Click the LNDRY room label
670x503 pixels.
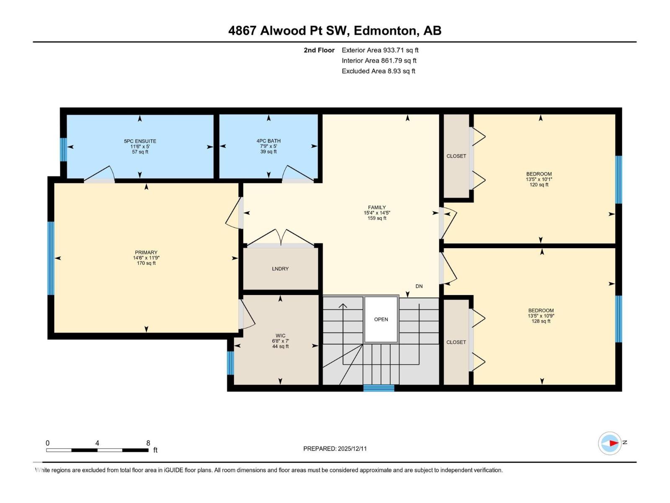click(x=280, y=269)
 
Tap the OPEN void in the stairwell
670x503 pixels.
click(x=381, y=319)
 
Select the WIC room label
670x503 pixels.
click(x=281, y=336)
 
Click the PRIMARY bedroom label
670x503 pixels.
click(x=146, y=253)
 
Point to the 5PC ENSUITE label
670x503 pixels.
click(x=140, y=141)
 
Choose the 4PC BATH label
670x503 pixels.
click(x=268, y=141)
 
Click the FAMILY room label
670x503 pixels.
click(x=377, y=207)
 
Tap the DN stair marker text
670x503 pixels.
click(x=419, y=286)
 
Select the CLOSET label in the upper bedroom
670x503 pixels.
click(x=456, y=156)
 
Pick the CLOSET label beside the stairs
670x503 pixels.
click(x=456, y=342)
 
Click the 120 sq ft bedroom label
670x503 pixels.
click(x=539, y=179)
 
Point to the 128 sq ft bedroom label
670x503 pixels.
click(x=541, y=316)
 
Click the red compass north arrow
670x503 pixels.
click(x=613, y=443)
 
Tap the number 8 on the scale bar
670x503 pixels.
click(x=148, y=443)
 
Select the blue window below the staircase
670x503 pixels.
click(x=379, y=388)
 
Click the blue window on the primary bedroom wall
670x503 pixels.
click(x=51, y=258)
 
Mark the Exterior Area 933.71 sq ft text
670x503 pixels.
click(x=380, y=50)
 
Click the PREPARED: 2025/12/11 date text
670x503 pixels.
click(x=335, y=449)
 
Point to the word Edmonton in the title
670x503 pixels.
click(x=385, y=31)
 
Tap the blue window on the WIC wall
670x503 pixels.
click(x=230, y=363)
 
